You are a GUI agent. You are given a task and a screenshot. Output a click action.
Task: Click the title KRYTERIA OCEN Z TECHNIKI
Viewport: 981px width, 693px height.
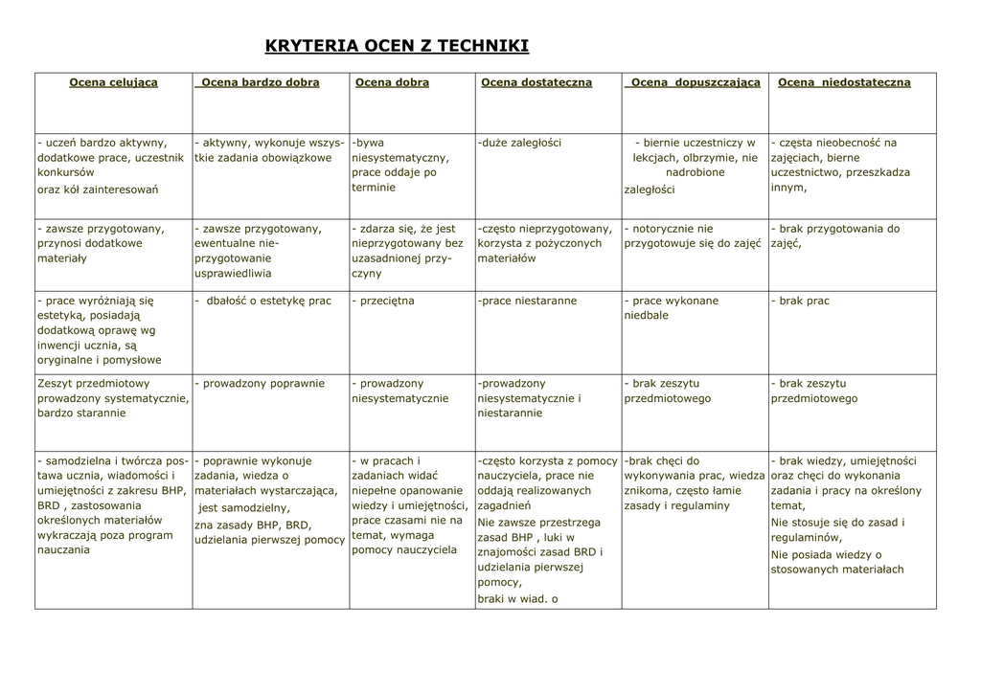click(396, 46)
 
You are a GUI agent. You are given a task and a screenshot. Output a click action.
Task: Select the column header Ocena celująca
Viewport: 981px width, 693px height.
click(113, 82)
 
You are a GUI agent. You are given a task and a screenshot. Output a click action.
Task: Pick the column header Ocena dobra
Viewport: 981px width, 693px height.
click(392, 82)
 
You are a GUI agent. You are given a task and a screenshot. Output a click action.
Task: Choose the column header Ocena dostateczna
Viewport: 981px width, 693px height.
click(536, 82)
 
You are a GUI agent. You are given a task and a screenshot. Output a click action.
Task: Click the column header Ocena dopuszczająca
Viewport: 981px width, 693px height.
click(696, 82)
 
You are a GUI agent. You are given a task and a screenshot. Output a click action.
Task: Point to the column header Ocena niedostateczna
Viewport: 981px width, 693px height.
click(844, 82)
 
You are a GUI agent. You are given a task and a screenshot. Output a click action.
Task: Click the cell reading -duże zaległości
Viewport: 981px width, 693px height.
click(519, 143)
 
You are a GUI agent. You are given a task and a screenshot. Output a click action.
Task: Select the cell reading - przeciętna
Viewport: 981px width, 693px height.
click(383, 301)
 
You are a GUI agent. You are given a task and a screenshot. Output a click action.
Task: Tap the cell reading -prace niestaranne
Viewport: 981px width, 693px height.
click(527, 301)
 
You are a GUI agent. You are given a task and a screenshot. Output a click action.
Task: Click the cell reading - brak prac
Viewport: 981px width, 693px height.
click(800, 301)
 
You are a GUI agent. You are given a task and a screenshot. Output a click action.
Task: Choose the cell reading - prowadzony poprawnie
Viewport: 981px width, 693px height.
click(260, 384)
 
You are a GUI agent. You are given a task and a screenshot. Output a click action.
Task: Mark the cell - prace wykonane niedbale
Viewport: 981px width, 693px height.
click(671, 307)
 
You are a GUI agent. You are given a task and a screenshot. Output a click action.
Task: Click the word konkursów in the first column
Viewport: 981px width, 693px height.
click(66, 173)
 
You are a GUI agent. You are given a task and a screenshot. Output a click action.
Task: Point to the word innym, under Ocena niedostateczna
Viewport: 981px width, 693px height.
click(788, 188)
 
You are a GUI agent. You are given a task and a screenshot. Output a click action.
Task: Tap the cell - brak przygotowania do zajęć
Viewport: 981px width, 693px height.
click(835, 236)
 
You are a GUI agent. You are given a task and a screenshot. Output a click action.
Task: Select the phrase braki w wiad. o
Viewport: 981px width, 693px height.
click(517, 599)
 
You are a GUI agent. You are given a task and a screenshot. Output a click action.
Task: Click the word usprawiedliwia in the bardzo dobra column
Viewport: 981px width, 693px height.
click(233, 273)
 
